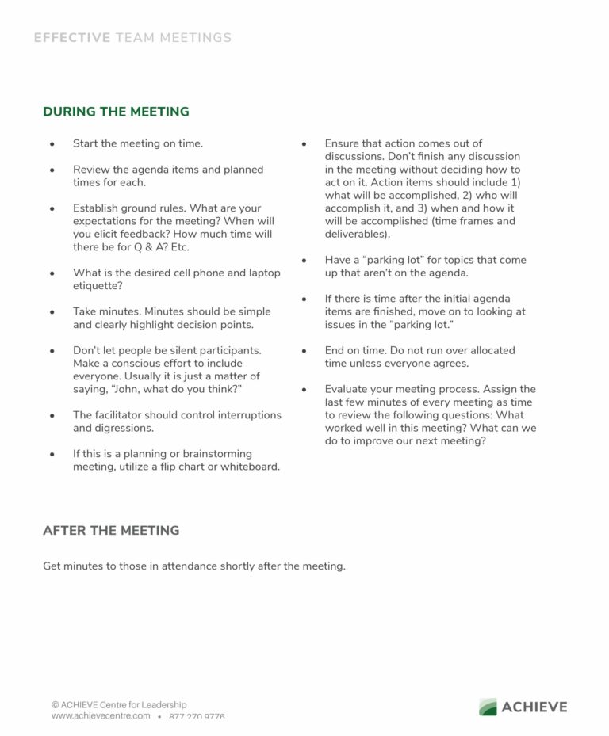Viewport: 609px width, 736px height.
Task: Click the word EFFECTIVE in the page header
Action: (72, 37)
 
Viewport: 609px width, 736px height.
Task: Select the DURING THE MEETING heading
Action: (116, 112)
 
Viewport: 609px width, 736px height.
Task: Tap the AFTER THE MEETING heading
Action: (111, 530)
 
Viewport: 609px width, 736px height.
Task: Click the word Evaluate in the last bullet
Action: (347, 389)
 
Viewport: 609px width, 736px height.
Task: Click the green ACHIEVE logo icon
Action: (488, 707)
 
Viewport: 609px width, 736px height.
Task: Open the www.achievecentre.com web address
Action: (101, 716)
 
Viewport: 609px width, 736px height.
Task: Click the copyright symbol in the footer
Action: (56, 704)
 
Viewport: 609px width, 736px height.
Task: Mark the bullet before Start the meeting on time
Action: (52, 144)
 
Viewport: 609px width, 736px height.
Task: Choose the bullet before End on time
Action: (304, 351)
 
